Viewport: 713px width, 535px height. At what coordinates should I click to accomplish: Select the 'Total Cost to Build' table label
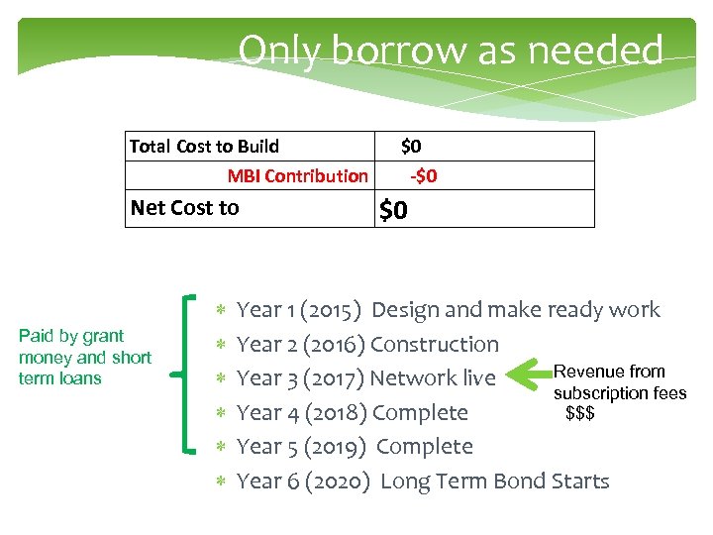pyautogui.click(x=204, y=147)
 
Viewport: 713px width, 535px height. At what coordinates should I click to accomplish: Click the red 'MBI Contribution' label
pyautogui.click(x=297, y=176)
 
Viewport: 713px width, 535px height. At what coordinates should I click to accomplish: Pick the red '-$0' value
pyautogui.click(x=424, y=176)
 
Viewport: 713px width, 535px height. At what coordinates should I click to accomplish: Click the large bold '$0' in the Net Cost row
pyautogui.click(x=394, y=210)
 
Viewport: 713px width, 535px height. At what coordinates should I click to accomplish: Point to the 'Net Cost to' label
pyautogui.click(x=185, y=208)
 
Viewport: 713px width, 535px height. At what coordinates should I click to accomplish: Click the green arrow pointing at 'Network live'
pyautogui.click(x=526, y=374)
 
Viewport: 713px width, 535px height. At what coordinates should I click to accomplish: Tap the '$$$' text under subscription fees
pyautogui.click(x=579, y=412)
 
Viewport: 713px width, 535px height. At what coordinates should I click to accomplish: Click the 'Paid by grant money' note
pyautogui.click(x=84, y=357)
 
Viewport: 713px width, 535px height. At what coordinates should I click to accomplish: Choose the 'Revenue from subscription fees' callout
pyautogui.click(x=619, y=382)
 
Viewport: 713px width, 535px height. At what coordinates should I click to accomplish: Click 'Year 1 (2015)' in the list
pyautogui.click(x=299, y=310)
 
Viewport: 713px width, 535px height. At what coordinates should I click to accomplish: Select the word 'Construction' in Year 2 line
pyautogui.click(x=435, y=345)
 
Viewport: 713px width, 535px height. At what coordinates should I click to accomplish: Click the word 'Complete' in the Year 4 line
pyautogui.click(x=420, y=412)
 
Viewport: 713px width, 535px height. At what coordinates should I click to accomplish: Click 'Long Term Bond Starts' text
pyautogui.click(x=494, y=481)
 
